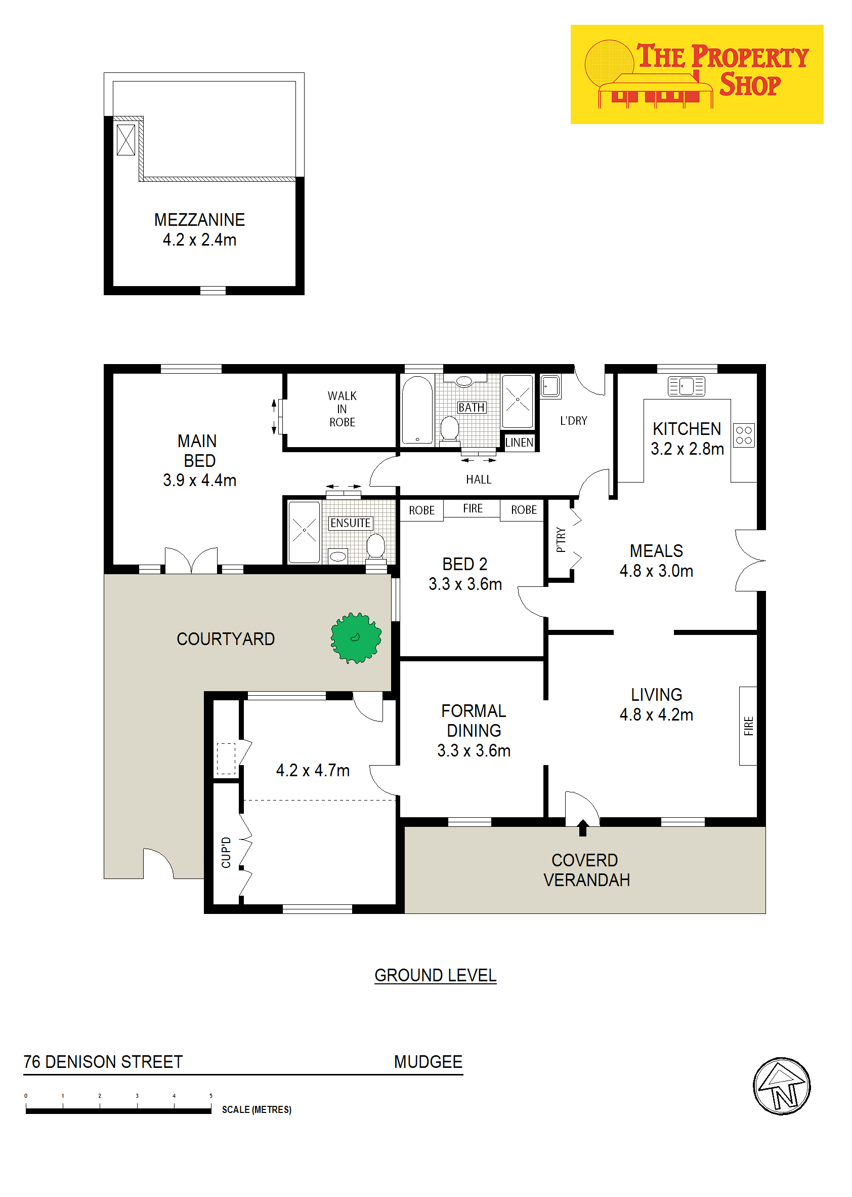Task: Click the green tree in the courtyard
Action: (x=356, y=638)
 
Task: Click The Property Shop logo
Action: (x=697, y=74)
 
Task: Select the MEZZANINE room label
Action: (x=199, y=219)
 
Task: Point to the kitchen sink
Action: (x=686, y=386)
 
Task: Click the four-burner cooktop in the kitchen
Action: (x=744, y=435)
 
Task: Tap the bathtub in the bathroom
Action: (x=417, y=410)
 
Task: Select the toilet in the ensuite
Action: (x=375, y=546)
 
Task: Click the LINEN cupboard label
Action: (x=520, y=443)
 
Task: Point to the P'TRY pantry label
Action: (x=561, y=540)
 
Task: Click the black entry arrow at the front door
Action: (x=582, y=828)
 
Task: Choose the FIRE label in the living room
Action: (x=749, y=726)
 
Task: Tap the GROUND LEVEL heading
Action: (x=436, y=975)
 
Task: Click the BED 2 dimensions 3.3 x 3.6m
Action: (x=465, y=584)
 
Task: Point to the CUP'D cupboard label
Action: (x=226, y=853)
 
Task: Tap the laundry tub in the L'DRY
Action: (x=550, y=386)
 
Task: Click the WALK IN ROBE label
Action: (x=342, y=409)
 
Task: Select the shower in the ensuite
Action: (x=304, y=532)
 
